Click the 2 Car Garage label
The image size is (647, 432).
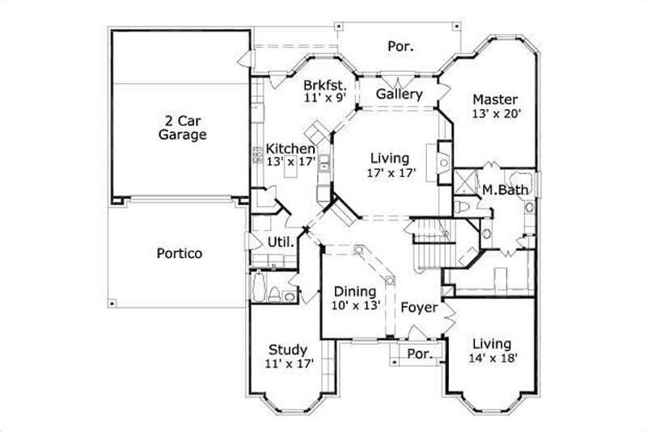coord(182,128)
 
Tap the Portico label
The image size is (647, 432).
coord(179,254)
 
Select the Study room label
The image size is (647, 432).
coord(288,350)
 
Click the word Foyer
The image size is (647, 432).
coord(418,308)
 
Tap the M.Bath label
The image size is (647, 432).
coord(505,191)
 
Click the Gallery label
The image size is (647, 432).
coord(400,94)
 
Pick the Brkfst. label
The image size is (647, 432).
coord(325,84)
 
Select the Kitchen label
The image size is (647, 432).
coord(290,149)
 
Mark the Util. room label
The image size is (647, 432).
coord(281,242)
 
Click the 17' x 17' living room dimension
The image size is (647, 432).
coord(390,173)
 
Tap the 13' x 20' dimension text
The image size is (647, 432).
coord(495,114)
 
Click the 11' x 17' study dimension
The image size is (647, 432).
coord(289,363)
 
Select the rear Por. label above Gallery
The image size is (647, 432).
coord(400,47)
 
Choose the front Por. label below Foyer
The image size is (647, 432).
coord(419,354)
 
